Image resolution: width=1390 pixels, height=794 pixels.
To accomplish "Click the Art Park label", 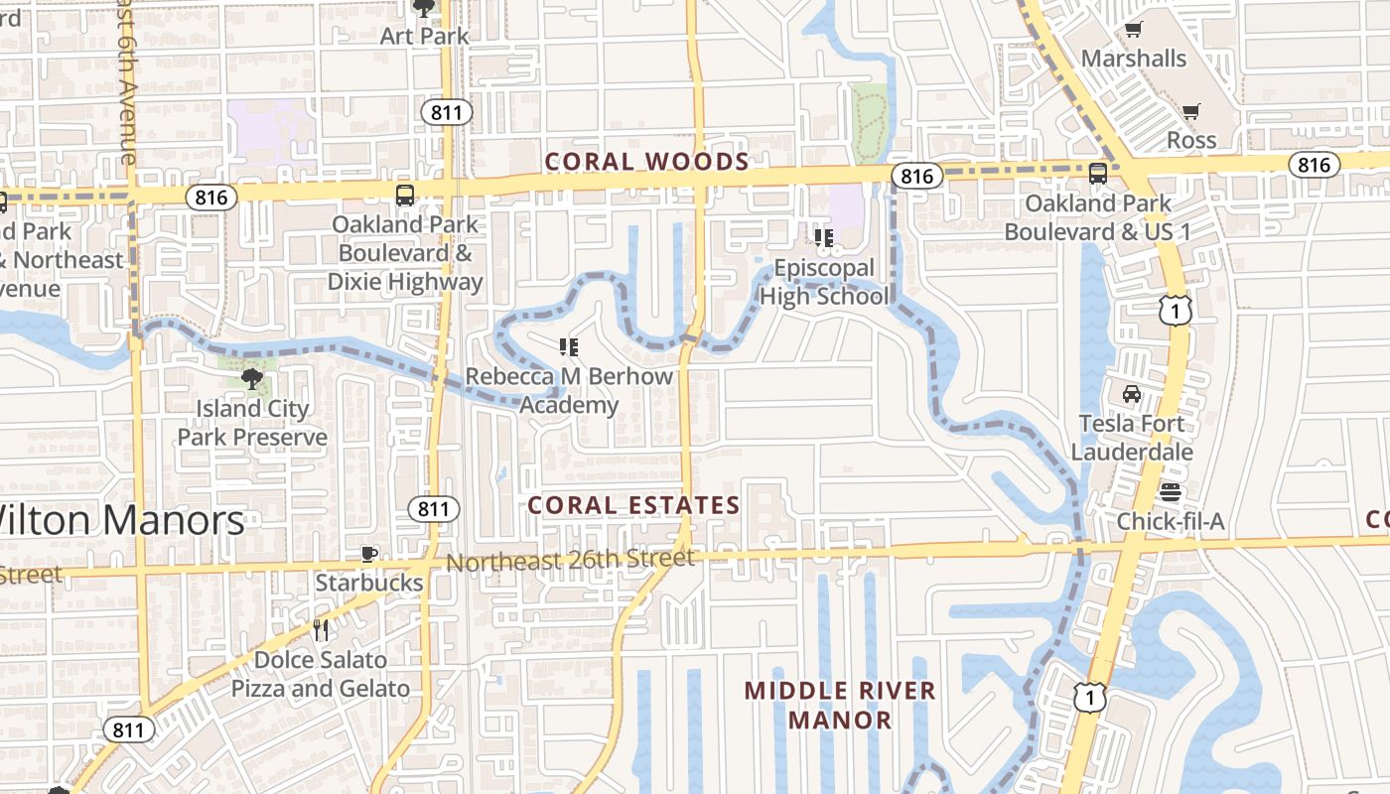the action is (424, 36).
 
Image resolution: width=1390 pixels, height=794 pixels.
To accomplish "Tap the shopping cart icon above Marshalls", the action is (1133, 30).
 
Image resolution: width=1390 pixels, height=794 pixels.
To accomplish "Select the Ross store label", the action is (1190, 140).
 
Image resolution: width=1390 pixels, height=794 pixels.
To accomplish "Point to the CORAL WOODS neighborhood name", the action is (646, 162).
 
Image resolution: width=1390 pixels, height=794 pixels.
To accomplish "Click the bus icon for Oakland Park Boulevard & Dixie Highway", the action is (404, 195).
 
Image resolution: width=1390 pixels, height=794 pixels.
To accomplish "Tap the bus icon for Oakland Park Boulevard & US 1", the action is (1097, 174).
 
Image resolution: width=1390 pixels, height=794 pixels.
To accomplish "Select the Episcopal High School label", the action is (824, 282).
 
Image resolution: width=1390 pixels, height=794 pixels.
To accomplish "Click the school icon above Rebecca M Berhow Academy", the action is (569, 347).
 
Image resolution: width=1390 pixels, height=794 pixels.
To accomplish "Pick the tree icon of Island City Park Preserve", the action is (251, 378).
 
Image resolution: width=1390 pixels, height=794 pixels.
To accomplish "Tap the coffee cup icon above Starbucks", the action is (369, 554).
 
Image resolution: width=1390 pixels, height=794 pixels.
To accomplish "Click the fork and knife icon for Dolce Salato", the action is (321, 629).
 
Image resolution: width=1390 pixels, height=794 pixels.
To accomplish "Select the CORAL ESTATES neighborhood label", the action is (633, 505).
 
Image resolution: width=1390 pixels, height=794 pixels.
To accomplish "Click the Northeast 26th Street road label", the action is (570, 561).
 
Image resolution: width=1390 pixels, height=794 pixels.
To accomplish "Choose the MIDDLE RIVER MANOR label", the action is (840, 705).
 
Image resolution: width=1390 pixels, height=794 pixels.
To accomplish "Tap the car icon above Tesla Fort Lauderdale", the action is (1131, 394).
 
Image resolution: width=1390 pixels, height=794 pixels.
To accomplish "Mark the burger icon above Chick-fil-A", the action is (1171, 492).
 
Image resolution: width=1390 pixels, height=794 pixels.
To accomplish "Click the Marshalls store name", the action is (1133, 59).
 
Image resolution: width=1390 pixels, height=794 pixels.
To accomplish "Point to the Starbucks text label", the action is (369, 583).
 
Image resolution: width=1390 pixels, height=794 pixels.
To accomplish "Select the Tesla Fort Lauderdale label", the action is (1132, 438).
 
